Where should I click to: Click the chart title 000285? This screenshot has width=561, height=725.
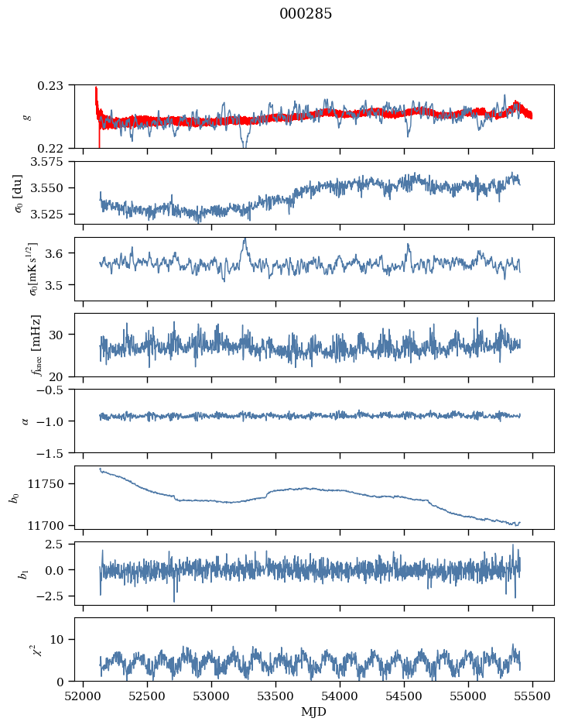click(x=306, y=14)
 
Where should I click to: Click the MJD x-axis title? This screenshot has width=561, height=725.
click(x=313, y=711)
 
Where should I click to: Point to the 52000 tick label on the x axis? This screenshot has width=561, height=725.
click(x=84, y=696)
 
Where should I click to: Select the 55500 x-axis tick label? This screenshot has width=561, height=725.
click(x=532, y=696)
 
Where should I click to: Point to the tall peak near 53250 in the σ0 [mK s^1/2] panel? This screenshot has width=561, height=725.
click(x=245, y=241)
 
